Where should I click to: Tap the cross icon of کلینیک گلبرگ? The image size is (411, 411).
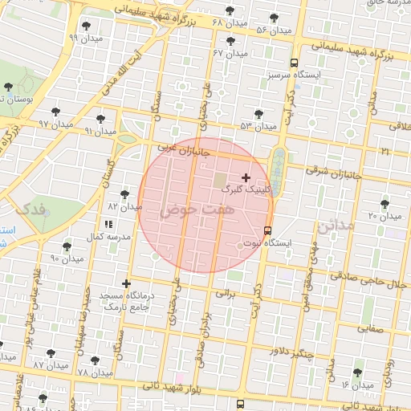246,177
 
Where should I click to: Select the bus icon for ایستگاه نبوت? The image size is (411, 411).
267,230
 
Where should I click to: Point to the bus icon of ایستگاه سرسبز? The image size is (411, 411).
295,62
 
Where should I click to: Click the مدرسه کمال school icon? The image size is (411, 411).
108,225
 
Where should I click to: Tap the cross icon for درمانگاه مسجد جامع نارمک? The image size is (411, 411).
126,283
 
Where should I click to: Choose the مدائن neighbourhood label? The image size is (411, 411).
335,226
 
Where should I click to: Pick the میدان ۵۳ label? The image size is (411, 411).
257,126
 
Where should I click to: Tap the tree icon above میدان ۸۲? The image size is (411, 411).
124,193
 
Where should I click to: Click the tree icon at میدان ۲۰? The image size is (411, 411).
385,204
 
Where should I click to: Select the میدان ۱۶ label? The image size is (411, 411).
357,385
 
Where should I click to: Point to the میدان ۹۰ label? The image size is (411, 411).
67,259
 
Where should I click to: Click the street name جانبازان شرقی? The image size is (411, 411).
335,171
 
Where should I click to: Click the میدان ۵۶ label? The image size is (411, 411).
273,30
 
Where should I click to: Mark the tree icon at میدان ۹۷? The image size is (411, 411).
55,112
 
